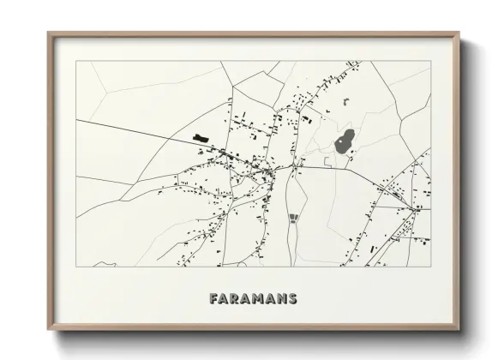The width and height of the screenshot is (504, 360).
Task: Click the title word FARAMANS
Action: [x=253, y=299]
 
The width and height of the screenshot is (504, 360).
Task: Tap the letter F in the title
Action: [x=213, y=299]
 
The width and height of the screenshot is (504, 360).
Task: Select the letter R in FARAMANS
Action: [x=236, y=299]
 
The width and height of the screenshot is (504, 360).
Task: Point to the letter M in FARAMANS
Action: [x=259, y=299]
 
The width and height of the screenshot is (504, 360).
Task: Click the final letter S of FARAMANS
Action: [x=292, y=299]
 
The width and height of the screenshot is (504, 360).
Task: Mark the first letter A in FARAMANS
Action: [x=225, y=299]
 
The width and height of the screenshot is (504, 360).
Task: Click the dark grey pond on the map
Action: [x=345, y=141]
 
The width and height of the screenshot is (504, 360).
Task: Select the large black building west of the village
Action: [x=201, y=137]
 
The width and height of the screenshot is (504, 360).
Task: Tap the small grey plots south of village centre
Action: [x=294, y=219]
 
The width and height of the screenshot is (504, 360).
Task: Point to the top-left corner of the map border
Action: [x=76, y=61]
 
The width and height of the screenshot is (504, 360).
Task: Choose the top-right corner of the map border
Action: [x=430, y=61]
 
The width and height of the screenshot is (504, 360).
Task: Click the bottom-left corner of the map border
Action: [x=76, y=267]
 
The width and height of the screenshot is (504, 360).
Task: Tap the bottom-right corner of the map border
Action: [x=430, y=267]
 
